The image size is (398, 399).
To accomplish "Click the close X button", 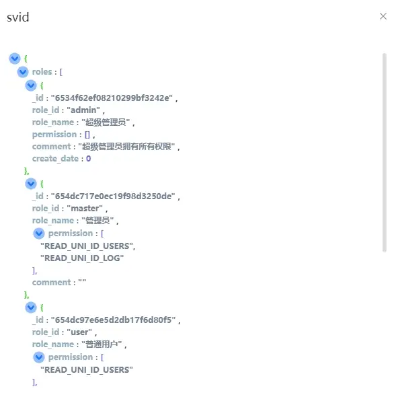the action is [383, 16].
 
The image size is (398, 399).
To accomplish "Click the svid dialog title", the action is [17, 17].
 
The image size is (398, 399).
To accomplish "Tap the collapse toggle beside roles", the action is [23, 72].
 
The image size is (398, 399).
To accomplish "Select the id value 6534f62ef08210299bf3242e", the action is [112, 98].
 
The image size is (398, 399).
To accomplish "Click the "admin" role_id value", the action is [83, 110].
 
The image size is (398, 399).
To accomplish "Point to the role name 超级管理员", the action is [106, 122].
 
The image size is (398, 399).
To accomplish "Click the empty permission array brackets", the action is [87, 135].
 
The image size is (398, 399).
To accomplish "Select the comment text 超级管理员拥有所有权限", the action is [126, 147].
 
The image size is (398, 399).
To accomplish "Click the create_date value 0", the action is [88, 159].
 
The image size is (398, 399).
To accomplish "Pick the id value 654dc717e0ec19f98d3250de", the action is [113, 196].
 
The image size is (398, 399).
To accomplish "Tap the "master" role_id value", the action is [85, 209].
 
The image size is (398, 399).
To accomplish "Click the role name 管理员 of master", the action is [97, 221].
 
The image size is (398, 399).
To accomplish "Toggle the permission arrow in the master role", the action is [39, 233].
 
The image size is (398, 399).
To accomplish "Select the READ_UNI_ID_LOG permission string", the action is [82, 258].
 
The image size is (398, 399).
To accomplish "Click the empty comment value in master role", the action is [82, 281].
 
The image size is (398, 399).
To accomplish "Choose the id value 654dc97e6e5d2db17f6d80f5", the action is [113, 320].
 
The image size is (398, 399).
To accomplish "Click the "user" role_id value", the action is [79, 332].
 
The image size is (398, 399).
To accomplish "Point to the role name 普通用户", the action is [102, 344].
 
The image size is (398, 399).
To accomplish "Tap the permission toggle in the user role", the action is [39, 357].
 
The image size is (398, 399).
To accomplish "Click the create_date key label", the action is [55, 159].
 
